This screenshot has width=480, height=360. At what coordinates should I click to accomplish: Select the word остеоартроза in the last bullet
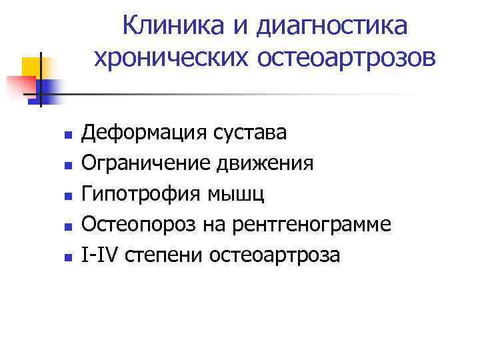click(275, 254)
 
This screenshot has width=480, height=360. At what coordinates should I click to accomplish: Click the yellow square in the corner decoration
click(33, 67)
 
